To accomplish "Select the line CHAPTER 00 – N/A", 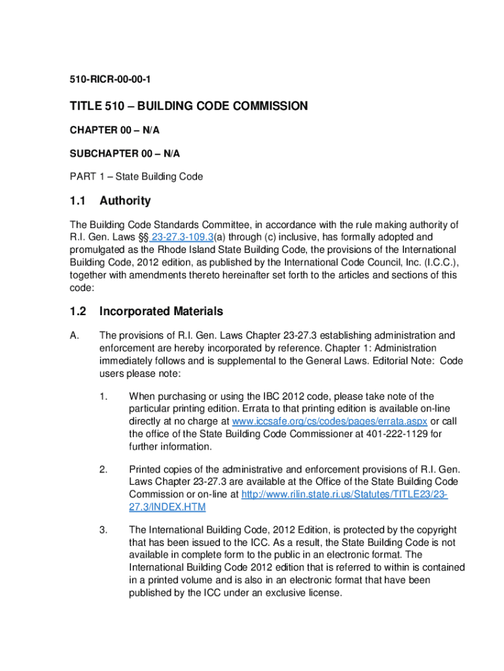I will (x=115, y=130).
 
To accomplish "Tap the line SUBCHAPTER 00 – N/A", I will (x=125, y=153).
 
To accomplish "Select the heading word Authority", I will (x=125, y=201).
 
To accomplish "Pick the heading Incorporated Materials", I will (x=161, y=311).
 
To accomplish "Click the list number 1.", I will (x=103, y=396).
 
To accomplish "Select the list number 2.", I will (x=103, y=469).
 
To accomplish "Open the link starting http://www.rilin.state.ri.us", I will (x=344, y=494).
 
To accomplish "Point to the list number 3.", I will (x=103, y=529).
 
